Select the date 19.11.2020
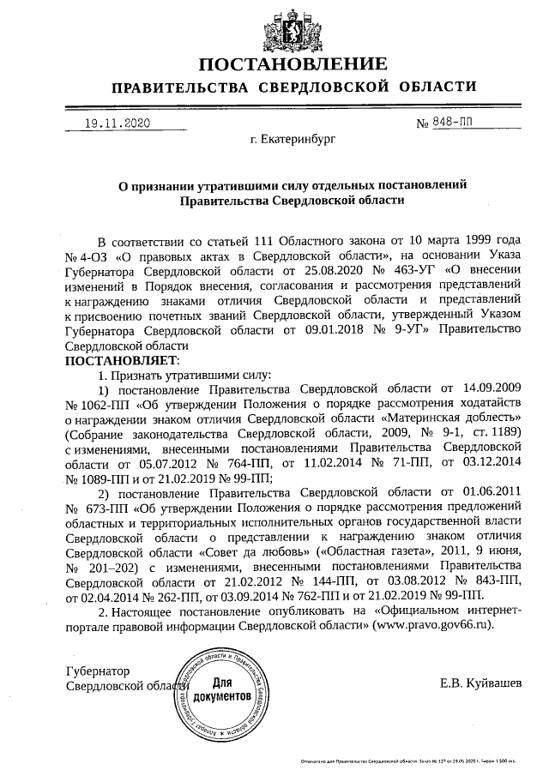tap(118, 123)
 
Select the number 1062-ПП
tap(96, 407)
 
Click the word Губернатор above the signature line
tap(98, 671)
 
